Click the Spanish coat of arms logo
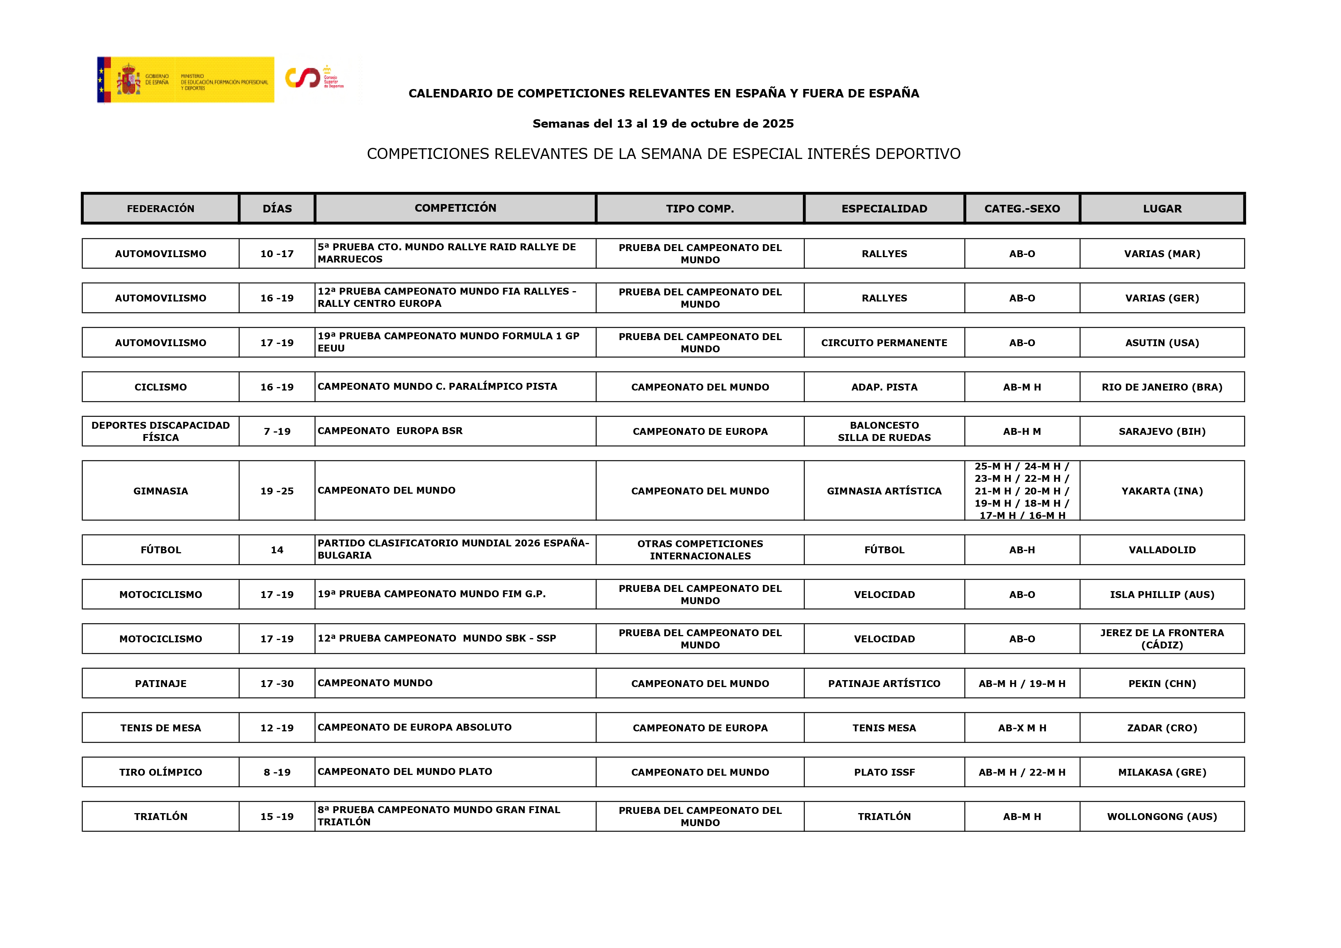click(128, 79)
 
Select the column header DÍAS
click(277, 209)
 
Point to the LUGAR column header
click(1162, 209)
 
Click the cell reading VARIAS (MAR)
click(1162, 253)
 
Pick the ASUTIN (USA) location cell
click(1162, 343)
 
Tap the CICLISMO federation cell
click(161, 387)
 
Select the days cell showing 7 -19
click(277, 432)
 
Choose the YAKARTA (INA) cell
click(1162, 491)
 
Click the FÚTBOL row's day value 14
click(277, 550)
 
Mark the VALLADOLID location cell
click(1162, 550)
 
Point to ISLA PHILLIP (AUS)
click(1162, 595)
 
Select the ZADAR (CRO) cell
click(1162, 728)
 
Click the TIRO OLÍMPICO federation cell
click(161, 772)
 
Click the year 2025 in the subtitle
click(778, 124)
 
